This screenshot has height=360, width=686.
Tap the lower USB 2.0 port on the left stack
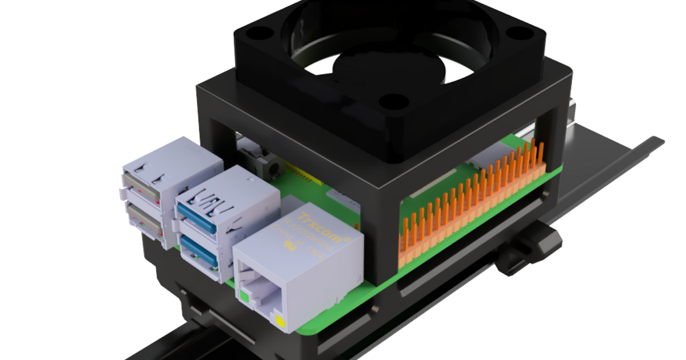coord(143,220)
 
